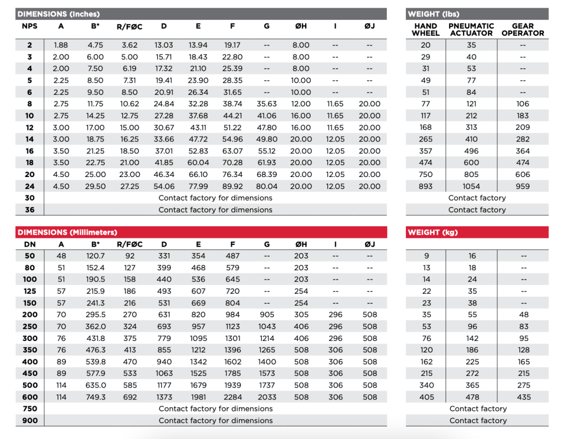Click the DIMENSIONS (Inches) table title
(x=59, y=14)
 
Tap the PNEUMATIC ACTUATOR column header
(x=471, y=30)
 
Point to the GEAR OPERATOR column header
(x=523, y=30)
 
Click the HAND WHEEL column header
(x=426, y=30)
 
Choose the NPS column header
(x=30, y=26)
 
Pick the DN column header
(x=30, y=244)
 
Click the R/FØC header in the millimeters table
(x=130, y=244)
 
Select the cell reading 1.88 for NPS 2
(x=61, y=45)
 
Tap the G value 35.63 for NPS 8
(x=267, y=104)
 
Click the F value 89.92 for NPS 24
(x=232, y=186)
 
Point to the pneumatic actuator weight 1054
(x=471, y=186)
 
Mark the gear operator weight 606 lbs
(x=523, y=174)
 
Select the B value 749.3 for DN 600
(x=96, y=397)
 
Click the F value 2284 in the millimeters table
(x=232, y=397)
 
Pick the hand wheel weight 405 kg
(x=426, y=397)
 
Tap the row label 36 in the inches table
(x=30, y=209)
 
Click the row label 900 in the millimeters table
(x=30, y=420)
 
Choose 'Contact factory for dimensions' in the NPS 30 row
(x=215, y=198)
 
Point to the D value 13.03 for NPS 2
(x=164, y=45)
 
